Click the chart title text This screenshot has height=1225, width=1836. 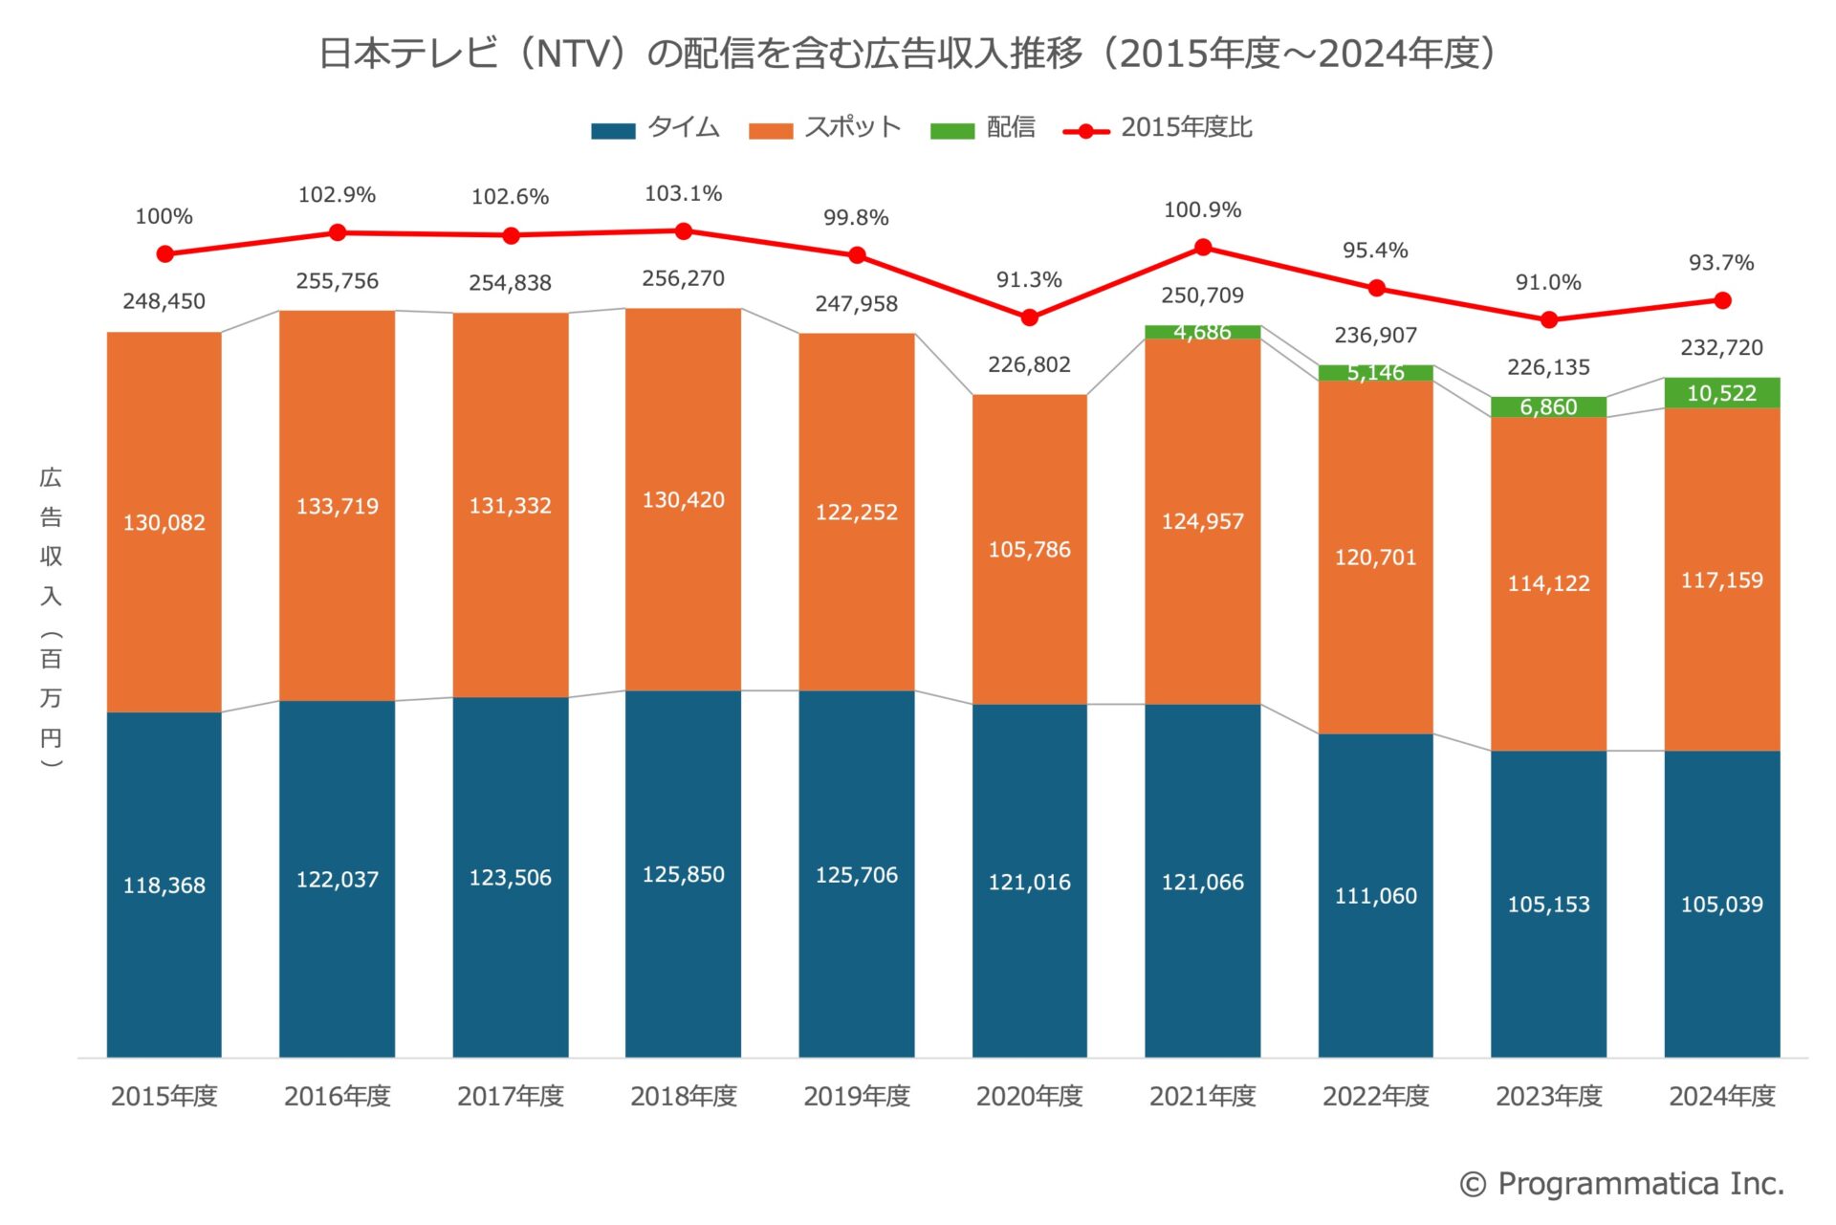[x=907, y=54]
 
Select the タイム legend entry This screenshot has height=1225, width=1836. [x=656, y=128]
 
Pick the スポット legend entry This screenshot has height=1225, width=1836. [x=825, y=128]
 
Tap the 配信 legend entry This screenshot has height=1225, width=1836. [x=983, y=128]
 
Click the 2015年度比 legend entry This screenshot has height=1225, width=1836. [x=1158, y=128]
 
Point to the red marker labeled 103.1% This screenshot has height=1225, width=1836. [x=684, y=231]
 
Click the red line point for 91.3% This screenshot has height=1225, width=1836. [x=1029, y=317]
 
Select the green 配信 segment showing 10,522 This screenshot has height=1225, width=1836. [x=1721, y=393]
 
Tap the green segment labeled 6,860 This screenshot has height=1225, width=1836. [x=1548, y=407]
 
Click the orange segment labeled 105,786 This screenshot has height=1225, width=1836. [x=1029, y=549]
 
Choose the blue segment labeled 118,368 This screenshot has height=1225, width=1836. [x=164, y=885]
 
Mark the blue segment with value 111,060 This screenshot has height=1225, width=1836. [x=1375, y=895]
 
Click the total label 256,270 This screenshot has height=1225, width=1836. [x=683, y=278]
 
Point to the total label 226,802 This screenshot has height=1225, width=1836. [x=1029, y=364]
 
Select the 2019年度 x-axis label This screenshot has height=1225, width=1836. [x=856, y=1096]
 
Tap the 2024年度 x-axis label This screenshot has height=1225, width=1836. [x=1721, y=1096]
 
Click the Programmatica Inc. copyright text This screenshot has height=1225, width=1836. [x=1622, y=1184]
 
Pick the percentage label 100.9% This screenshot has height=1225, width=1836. [x=1202, y=210]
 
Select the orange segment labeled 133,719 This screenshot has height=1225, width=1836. [x=337, y=506]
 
